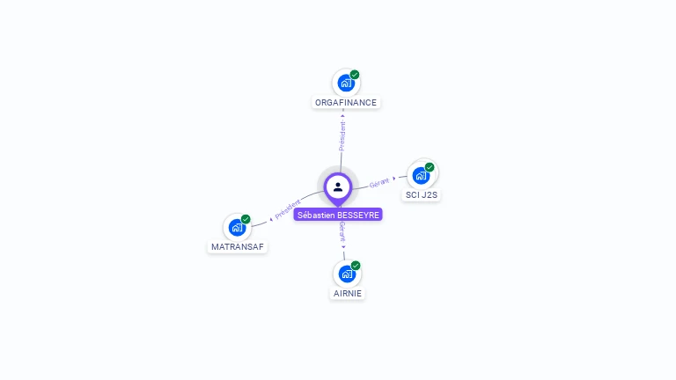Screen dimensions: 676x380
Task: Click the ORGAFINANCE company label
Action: pos(346,102)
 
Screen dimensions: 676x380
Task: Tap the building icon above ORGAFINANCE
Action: pos(346,83)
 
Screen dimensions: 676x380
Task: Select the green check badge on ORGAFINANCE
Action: pos(355,75)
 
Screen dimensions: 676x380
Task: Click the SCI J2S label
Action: pos(422,194)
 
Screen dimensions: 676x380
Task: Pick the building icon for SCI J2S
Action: pos(421,175)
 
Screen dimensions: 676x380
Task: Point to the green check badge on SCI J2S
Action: pos(430,167)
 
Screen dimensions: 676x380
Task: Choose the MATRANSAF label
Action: pos(239,247)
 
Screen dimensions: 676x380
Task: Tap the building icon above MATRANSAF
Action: pos(237,228)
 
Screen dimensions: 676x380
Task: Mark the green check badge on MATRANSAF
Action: pos(246,219)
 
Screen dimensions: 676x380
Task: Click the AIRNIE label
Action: pos(347,293)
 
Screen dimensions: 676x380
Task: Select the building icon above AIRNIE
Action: pos(347,274)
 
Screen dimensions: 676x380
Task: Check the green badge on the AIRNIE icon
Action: pos(356,265)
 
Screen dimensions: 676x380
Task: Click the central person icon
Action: pos(338,186)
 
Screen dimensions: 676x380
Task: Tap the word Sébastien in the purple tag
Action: pos(317,215)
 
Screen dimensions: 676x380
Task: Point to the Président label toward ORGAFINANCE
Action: pos(342,135)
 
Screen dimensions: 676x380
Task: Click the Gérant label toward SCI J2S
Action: pos(379,182)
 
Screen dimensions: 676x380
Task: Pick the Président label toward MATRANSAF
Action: pos(287,209)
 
